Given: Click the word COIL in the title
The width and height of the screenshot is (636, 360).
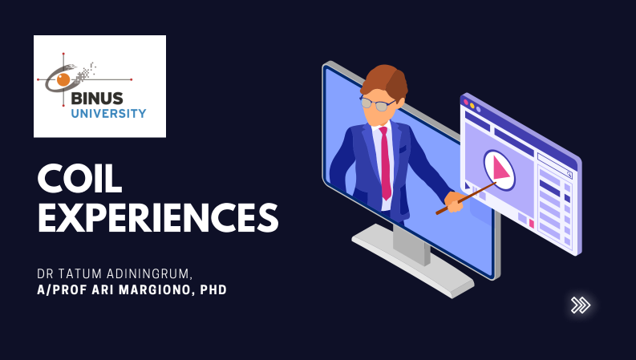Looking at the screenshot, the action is (x=79, y=179).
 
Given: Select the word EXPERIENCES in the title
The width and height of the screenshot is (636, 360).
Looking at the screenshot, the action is (x=158, y=218).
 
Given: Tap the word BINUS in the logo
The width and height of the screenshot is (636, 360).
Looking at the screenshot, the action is (x=97, y=99).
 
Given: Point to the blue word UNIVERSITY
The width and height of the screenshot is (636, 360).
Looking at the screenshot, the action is (x=109, y=114).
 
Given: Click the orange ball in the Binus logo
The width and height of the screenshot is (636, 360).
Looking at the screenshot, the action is (x=63, y=79).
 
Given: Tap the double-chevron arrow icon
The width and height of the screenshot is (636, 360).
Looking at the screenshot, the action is (x=581, y=305).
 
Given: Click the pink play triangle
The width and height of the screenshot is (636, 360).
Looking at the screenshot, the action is (x=500, y=168).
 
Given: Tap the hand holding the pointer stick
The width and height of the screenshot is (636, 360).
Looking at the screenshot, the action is (x=455, y=201).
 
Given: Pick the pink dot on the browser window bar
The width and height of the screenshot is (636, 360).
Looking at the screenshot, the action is (x=466, y=103).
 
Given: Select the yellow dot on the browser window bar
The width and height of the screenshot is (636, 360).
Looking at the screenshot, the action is (x=472, y=106).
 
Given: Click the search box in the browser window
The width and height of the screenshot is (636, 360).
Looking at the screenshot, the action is (x=555, y=165).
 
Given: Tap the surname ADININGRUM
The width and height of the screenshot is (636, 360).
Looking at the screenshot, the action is (x=149, y=274).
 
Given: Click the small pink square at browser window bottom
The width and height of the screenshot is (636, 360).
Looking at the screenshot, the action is (x=532, y=224).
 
